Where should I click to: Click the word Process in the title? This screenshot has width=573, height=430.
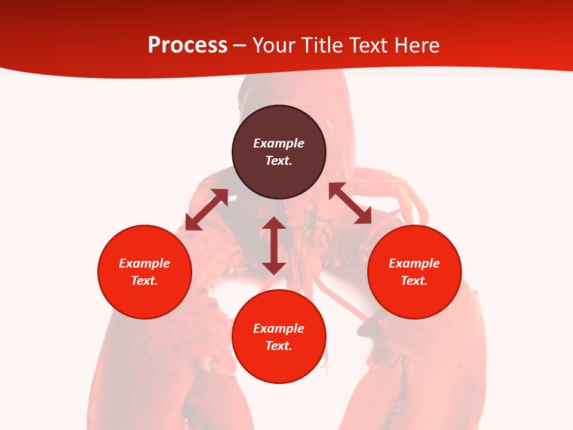point(187,45)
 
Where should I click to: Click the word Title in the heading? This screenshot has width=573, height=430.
point(322,45)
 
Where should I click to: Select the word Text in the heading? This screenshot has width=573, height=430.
point(369,45)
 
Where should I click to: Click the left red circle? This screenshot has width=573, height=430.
point(144,293)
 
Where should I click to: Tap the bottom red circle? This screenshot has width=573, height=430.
point(279,364)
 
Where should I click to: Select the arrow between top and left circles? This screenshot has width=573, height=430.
point(207,210)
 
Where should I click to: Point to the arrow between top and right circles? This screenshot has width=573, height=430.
point(350,204)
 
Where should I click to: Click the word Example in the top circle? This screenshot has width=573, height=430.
point(279,143)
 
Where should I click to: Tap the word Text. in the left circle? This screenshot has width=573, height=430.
point(144,281)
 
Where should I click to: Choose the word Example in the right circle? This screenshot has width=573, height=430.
point(414,263)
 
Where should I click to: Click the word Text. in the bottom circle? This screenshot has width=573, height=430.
point(279,346)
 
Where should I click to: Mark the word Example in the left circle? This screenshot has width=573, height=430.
point(144,263)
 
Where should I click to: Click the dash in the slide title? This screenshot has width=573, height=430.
point(239,45)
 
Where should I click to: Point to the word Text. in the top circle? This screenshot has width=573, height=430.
point(279,161)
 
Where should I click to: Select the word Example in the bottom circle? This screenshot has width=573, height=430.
point(279,328)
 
